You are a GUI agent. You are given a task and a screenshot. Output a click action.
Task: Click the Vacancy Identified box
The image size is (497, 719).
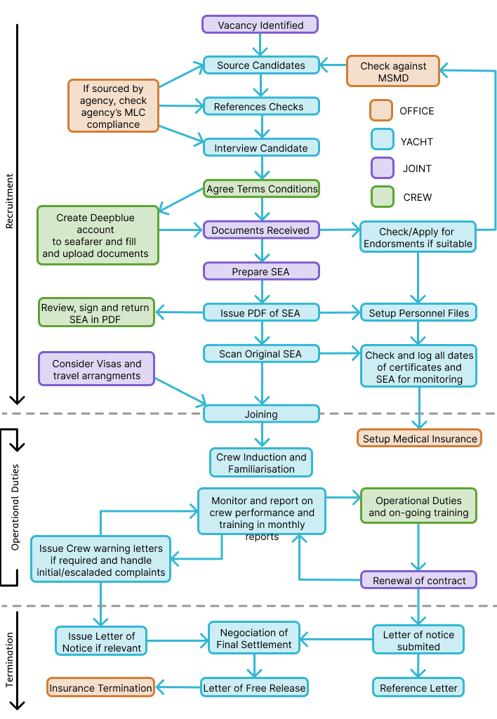[260, 25]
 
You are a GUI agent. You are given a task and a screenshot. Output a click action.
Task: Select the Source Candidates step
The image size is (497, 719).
[261, 65]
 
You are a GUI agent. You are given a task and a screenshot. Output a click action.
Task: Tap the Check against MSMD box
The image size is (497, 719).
[393, 71]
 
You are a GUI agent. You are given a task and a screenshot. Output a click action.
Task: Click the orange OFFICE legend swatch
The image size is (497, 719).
[380, 110]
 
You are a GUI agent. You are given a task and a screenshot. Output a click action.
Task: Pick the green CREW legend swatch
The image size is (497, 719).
[380, 197]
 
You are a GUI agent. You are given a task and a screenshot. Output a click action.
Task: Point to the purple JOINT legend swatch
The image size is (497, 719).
[380, 169]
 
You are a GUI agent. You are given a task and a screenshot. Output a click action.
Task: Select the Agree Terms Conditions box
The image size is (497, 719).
[262, 189]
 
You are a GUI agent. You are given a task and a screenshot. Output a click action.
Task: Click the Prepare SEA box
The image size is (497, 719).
[261, 271]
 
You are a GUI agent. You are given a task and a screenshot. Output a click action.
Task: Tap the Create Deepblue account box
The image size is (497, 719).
[98, 235]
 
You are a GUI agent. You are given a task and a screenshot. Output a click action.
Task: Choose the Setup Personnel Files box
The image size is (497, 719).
[418, 312]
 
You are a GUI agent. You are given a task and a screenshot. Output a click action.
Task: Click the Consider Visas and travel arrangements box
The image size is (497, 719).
[97, 370]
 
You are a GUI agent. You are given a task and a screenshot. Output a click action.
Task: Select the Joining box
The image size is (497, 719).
[261, 414]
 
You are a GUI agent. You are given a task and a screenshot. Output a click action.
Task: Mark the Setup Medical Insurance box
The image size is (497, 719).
[419, 438]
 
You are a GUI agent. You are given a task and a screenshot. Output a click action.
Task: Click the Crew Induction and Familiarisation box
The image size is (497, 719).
[261, 463]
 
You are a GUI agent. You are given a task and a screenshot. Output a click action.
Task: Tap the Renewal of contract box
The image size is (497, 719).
[419, 580]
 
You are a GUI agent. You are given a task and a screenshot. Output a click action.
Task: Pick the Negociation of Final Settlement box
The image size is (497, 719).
[254, 638]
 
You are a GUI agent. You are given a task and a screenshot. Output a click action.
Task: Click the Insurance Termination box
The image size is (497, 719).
[101, 687]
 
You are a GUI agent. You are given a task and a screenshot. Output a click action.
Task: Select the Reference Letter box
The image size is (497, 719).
[419, 687]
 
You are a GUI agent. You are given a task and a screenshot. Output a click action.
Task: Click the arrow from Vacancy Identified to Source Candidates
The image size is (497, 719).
[261, 44]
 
